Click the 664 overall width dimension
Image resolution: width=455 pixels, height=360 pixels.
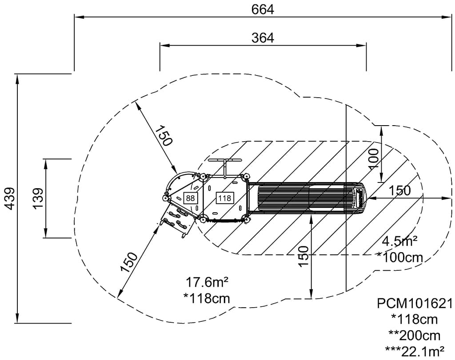pyautogui.click(x=263, y=9)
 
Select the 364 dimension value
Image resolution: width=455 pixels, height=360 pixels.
pyautogui.click(x=263, y=38)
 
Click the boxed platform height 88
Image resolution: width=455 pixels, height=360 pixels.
pyautogui.click(x=190, y=198)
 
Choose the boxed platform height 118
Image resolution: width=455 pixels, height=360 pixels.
pyautogui.click(x=224, y=198)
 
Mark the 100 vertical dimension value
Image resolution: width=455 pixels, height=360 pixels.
pyautogui.click(x=374, y=158)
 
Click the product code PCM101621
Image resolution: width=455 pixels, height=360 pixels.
pyautogui.click(x=415, y=304)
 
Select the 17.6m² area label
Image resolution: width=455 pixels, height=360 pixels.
pyautogui.click(x=207, y=282)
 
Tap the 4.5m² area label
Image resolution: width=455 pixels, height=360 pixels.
pyautogui.click(x=399, y=241)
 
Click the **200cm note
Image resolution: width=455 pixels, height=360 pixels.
pyautogui.click(x=415, y=336)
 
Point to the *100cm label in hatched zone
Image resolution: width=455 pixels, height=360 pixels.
pyautogui.click(x=399, y=257)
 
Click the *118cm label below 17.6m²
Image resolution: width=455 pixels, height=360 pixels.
pyautogui.click(x=207, y=298)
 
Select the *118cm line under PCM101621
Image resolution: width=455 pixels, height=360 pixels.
pyautogui.click(x=415, y=320)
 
